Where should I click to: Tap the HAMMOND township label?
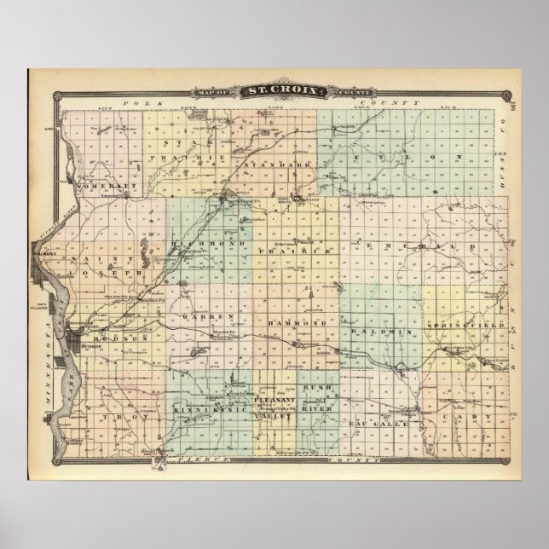pyautogui.click(x=298, y=325)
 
